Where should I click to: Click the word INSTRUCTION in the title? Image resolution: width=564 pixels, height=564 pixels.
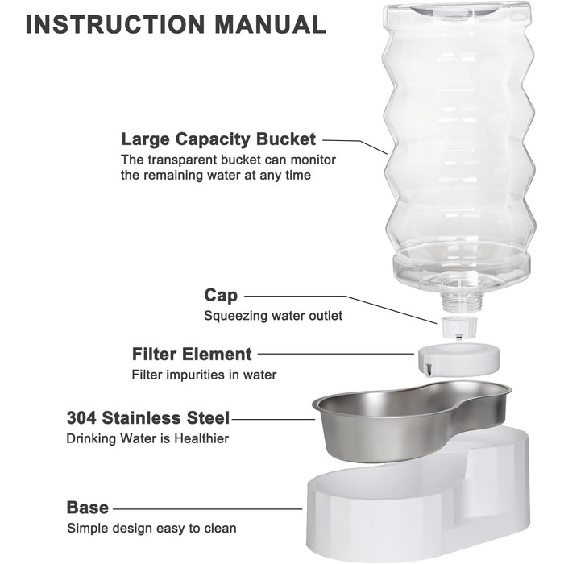[115, 24]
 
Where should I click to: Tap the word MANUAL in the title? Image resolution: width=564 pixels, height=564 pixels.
[271, 24]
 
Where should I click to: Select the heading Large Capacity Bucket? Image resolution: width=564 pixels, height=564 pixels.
[218, 139]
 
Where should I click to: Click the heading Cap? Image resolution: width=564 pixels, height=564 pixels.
[221, 296]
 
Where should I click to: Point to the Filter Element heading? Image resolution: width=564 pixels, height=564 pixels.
[192, 354]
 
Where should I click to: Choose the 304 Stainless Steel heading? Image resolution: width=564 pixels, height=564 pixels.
[147, 418]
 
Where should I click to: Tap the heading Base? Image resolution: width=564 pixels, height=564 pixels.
[87, 508]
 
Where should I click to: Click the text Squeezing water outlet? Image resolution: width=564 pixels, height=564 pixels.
[273, 316]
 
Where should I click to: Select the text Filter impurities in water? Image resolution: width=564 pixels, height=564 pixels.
[204, 375]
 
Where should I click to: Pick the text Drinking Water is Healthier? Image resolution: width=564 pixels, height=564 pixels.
[147, 438]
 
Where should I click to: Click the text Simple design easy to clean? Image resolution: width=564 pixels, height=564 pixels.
[151, 528]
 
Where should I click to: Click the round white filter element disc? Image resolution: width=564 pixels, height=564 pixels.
[458, 359]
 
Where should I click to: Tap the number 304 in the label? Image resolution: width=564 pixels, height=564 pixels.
[81, 418]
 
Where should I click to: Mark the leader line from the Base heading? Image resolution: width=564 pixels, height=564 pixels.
[208, 508]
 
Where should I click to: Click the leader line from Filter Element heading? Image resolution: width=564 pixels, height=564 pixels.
[336, 354]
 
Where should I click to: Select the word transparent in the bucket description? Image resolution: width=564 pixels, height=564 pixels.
[182, 160]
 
